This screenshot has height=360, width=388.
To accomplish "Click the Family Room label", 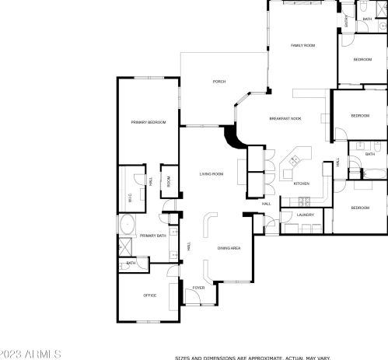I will click(302, 46).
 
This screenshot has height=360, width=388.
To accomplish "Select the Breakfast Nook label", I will click(285, 118).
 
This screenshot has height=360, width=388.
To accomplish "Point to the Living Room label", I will click(211, 174).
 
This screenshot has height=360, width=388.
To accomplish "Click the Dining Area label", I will click(229, 247).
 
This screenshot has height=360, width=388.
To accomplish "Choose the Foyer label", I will click(199, 287).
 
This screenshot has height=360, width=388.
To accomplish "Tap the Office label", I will click(150, 295).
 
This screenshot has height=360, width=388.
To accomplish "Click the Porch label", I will click(218, 82).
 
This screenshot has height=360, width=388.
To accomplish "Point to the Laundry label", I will click(305, 215).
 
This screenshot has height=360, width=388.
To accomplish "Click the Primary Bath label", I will click(153, 235).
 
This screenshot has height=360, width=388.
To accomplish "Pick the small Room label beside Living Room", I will click(168, 181).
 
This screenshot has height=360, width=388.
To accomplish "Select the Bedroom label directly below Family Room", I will click(363, 60).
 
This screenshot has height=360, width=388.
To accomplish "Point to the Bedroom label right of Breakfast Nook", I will click(359, 116).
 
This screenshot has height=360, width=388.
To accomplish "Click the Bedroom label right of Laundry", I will click(358, 208).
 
